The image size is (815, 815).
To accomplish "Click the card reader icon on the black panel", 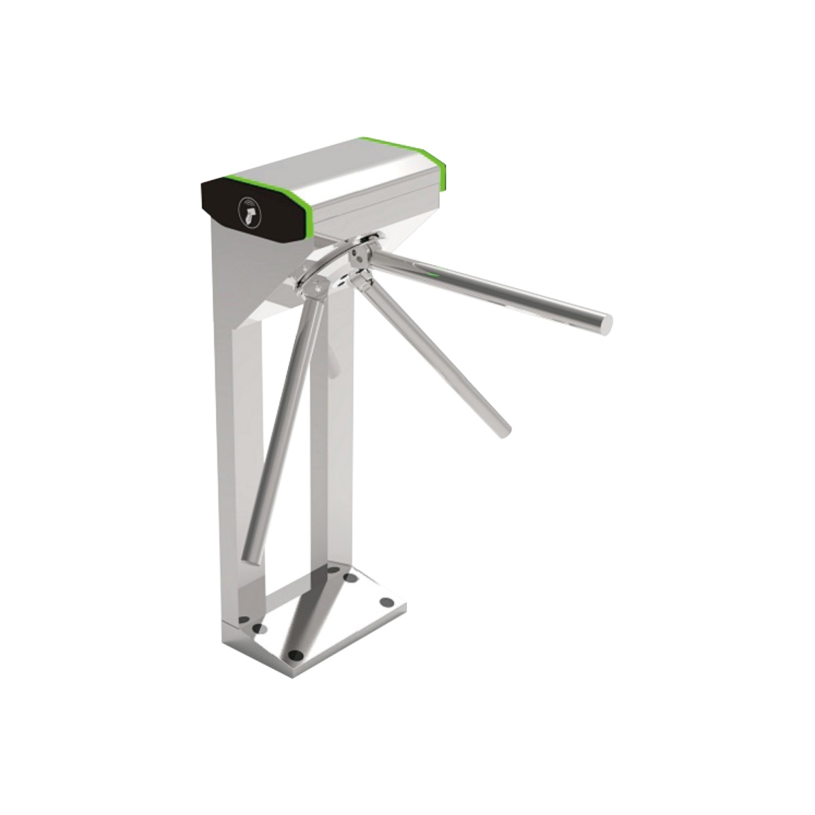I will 249,209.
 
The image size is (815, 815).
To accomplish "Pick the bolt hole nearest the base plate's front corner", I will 295,655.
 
